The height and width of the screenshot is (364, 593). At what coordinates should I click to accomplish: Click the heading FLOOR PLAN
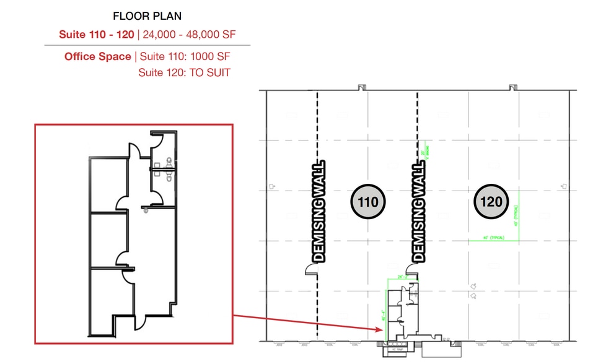point(147,16)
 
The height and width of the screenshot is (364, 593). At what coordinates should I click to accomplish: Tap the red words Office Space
point(97,56)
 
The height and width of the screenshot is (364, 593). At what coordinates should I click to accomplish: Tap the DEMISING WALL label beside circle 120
point(419,210)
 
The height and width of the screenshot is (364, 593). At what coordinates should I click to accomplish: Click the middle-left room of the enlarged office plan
point(108,238)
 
